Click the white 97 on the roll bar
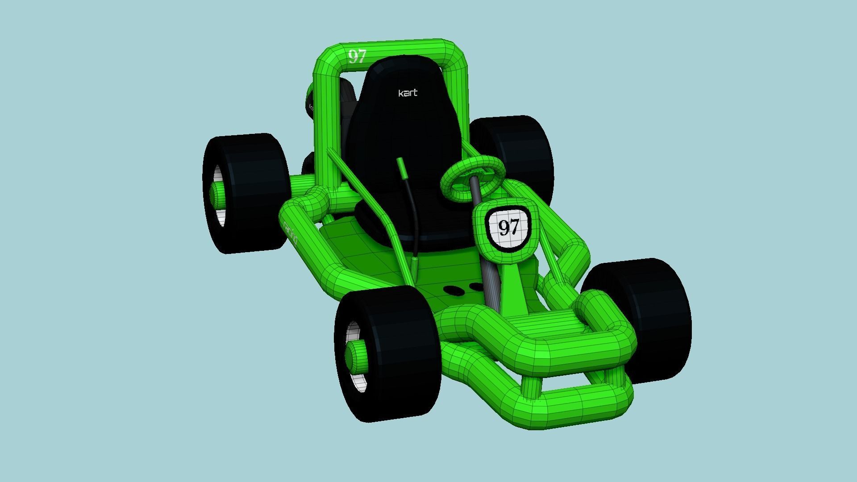pyautogui.click(x=357, y=57)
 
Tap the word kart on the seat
pyautogui.click(x=408, y=93)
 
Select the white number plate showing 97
pyautogui.click(x=508, y=227)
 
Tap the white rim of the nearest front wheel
pyautogui.click(x=357, y=382)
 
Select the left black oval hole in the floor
pyautogui.click(x=454, y=291)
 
